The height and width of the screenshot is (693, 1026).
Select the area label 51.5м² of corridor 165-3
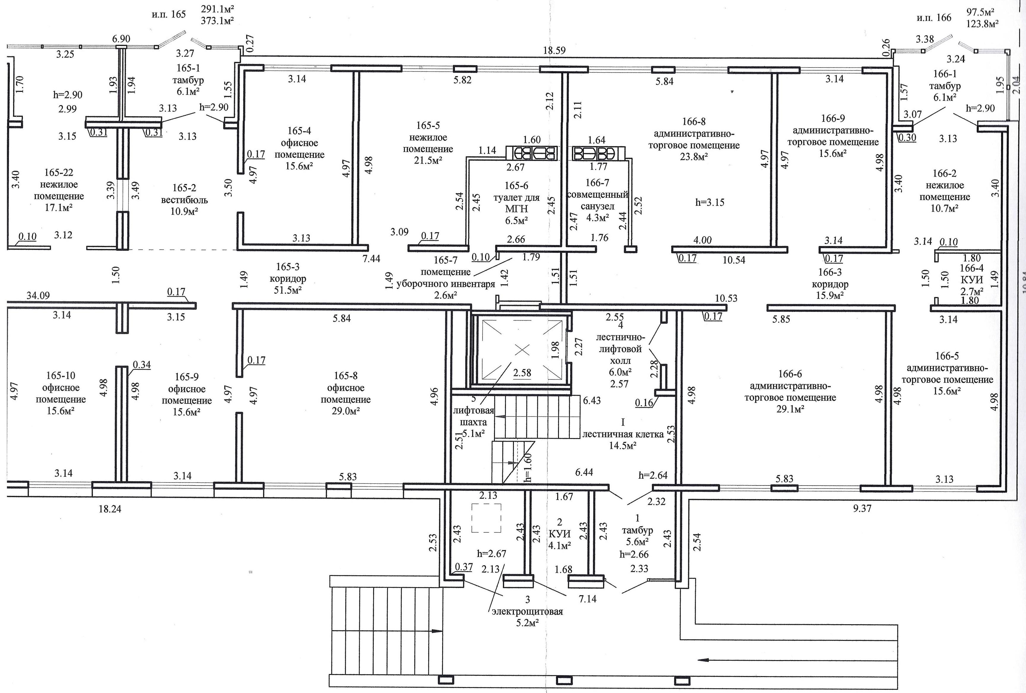[x=287, y=290]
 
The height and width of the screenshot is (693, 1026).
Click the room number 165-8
[x=346, y=376]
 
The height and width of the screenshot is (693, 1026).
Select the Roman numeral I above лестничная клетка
[x=623, y=422]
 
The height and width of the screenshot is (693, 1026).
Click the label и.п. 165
[x=169, y=14]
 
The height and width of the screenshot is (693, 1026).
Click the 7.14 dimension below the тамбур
[x=588, y=599]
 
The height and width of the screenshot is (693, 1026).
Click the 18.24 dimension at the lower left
[x=109, y=509]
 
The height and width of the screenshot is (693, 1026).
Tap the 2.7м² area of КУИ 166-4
[x=972, y=291]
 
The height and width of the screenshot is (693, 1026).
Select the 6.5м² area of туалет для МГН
[x=517, y=220]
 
